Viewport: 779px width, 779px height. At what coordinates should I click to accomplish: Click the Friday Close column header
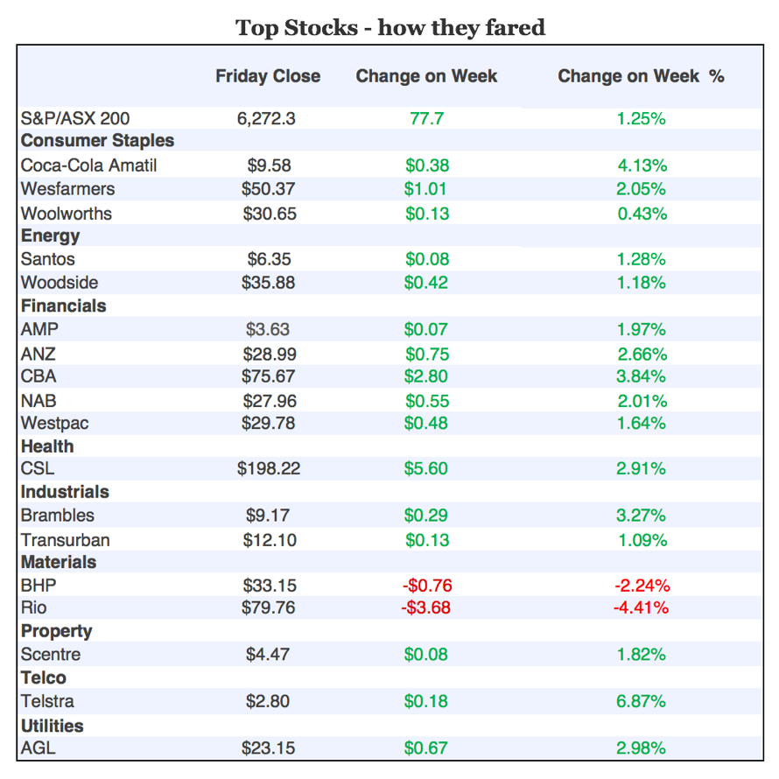coord(268,76)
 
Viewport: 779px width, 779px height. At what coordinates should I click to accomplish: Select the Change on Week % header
coord(641,76)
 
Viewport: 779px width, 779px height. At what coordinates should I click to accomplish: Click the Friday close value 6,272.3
coord(266,118)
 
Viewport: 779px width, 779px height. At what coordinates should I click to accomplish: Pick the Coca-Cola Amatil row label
coord(88,165)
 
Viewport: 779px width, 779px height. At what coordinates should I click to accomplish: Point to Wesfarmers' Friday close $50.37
coord(269,189)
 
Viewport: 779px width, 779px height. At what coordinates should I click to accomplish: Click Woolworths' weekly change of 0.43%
coord(642,214)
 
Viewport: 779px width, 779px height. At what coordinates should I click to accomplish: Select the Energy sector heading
coord(50,235)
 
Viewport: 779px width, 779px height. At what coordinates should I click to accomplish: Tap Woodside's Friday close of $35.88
coord(269,283)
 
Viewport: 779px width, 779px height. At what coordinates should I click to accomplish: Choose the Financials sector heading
coord(63,305)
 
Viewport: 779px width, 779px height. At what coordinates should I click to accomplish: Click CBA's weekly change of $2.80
coord(426,376)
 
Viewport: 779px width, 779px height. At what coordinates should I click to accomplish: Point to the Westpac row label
coord(54,423)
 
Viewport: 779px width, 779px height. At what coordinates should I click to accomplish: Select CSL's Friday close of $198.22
coord(269,468)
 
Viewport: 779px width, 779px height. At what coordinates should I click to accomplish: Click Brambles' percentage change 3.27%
coord(642,516)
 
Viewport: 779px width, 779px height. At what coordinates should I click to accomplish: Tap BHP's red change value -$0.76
coord(426,586)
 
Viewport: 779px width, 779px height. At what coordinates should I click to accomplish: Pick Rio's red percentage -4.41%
coord(642,607)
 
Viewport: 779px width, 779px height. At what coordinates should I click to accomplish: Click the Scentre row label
coord(51,654)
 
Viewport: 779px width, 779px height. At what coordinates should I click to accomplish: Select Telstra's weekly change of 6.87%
coord(642,701)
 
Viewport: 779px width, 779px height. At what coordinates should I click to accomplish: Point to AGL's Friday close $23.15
coord(269,748)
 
